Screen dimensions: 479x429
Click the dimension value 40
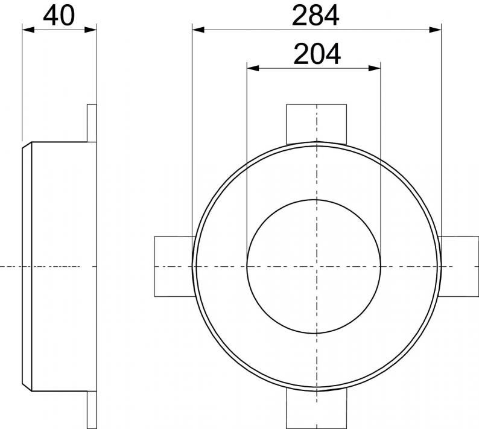click(59, 15)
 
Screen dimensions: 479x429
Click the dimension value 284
click(316, 15)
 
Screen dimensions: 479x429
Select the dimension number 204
click(317, 54)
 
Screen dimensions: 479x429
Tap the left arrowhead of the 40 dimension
click(28, 30)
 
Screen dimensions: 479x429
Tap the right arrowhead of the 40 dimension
click(90, 30)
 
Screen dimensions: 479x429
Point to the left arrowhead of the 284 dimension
click(198, 30)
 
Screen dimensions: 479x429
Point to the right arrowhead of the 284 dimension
click(436, 30)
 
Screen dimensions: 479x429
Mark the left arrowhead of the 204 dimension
click(253, 68)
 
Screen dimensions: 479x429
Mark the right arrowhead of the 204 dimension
click(375, 68)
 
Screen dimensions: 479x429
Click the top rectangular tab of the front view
click(317, 124)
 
